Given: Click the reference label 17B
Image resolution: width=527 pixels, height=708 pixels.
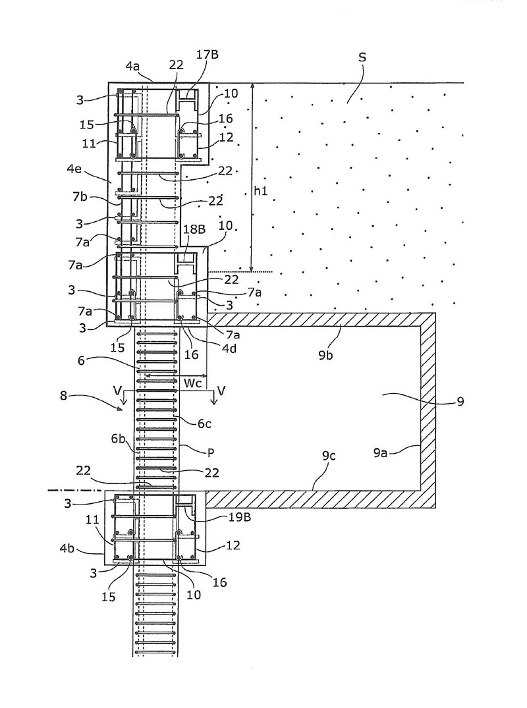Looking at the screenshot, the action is (208, 55).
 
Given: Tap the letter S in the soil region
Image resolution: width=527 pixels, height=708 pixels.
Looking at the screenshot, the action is (362, 57).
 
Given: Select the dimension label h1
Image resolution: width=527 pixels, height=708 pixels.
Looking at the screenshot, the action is (260, 191).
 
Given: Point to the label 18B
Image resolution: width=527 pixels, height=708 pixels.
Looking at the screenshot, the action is (194, 229).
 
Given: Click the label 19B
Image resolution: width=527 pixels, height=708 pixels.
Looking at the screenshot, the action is (240, 518).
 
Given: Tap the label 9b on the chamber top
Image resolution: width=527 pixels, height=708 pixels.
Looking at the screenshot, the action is (325, 356).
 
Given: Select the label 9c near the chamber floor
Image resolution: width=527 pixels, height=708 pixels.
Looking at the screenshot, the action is (329, 456).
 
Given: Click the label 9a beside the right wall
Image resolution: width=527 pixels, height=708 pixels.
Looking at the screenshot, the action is (380, 452).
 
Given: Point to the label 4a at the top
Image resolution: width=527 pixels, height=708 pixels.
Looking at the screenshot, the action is (132, 67).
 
